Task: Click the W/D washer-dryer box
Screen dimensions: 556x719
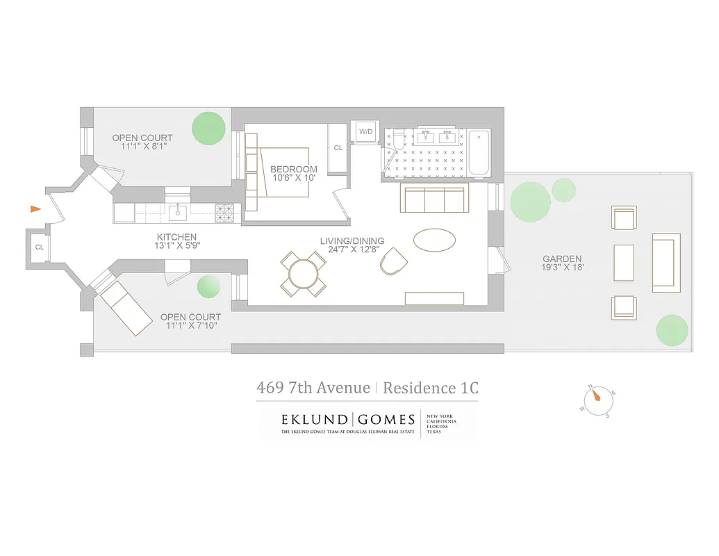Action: (365, 132)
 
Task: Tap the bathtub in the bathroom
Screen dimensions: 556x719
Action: (479, 153)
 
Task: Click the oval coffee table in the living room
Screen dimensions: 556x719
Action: (435, 240)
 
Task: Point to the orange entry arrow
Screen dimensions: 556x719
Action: (35, 208)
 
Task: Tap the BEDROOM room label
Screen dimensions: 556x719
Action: (293, 169)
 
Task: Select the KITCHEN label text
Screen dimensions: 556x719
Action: (176, 237)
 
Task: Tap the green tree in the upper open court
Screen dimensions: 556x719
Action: (208, 128)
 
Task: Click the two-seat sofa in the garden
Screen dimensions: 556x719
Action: (666, 262)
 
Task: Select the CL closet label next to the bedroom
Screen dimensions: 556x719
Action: (338, 147)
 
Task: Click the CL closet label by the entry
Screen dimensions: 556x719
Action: (39, 247)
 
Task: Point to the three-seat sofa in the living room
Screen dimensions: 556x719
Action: (433, 201)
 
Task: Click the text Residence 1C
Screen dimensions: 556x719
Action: (430, 388)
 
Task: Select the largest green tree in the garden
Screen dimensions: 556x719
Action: (530, 202)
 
